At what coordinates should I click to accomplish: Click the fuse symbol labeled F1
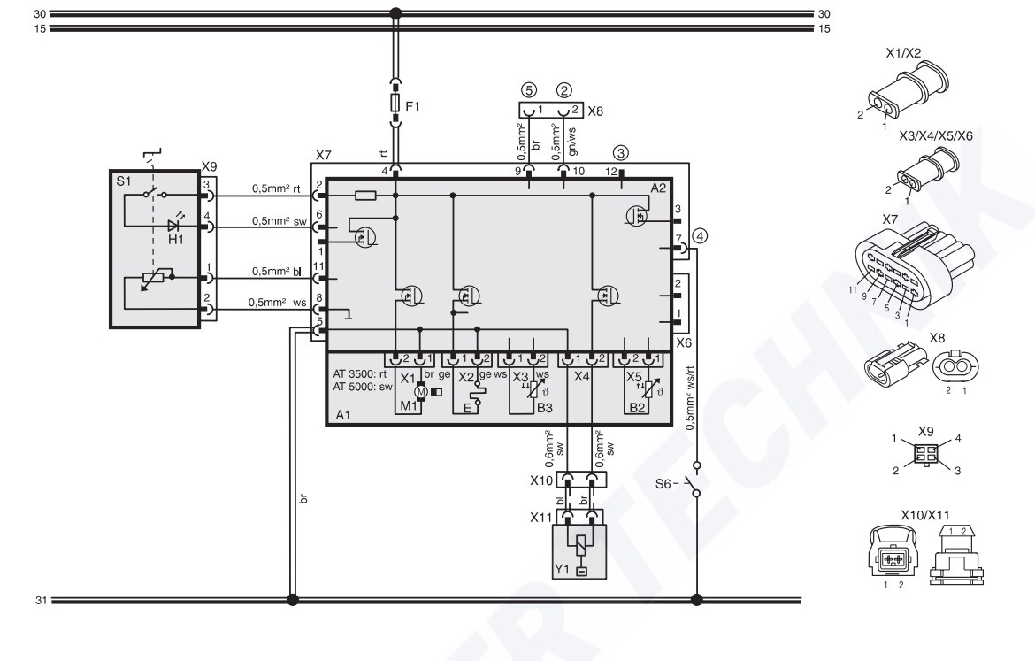[x=395, y=103]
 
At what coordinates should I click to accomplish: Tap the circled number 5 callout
[x=528, y=89]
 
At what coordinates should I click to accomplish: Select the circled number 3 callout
[x=620, y=153]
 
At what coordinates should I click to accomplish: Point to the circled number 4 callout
[x=701, y=235]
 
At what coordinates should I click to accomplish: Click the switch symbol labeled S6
[x=694, y=480]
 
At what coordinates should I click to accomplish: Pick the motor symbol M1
[x=420, y=393]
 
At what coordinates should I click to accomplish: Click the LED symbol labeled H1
[x=175, y=225]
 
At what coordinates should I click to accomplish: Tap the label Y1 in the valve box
[x=562, y=569]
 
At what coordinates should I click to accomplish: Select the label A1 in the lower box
[x=342, y=415]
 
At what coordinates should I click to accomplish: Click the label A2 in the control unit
[x=658, y=188]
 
